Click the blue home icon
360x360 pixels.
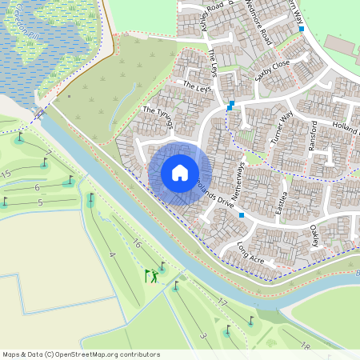click(x=180, y=173)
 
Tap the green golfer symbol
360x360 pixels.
click(x=152, y=277)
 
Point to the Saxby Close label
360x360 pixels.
click(x=271, y=71)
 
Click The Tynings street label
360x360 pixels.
click(x=158, y=117)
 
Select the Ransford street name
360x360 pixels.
click(x=314, y=137)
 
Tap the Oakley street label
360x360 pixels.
click(x=314, y=235)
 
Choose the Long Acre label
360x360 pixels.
click(x=250, y=254)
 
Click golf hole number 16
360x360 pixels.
click(x=137, y=243)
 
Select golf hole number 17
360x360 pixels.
click(x=222, y=302)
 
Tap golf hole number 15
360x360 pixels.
click(x=6, y=174)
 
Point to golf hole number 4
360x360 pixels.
click(x=112, y=255)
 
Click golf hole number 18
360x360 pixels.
click(x=306, y=346)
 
